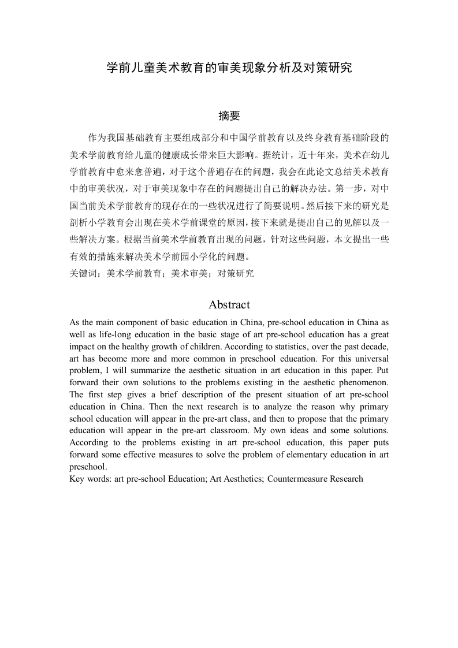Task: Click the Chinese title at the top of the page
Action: (x=229, y=68)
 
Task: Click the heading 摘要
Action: (x=229, y=116)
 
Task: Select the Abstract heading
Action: (x=229, y=305)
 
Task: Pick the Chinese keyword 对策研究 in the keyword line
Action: (x=235, y=274)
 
